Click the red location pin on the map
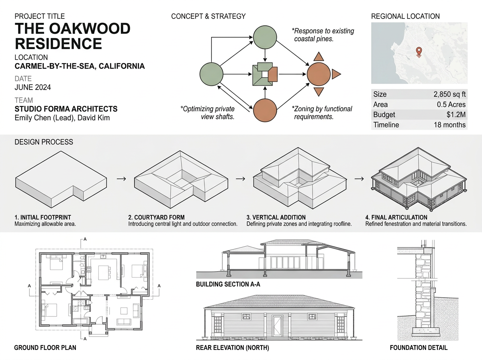tap(419, 51)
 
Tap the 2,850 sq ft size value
tap(449, 94)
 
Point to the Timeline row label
tap(386, 125)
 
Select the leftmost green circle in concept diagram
tap(211, 74)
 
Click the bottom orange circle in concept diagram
tap(265, 109)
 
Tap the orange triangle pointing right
tap(336, 74)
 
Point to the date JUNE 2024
tap(33, 87)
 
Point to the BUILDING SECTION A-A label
tap(227, 284)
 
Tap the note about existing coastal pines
tap(323, 35)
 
